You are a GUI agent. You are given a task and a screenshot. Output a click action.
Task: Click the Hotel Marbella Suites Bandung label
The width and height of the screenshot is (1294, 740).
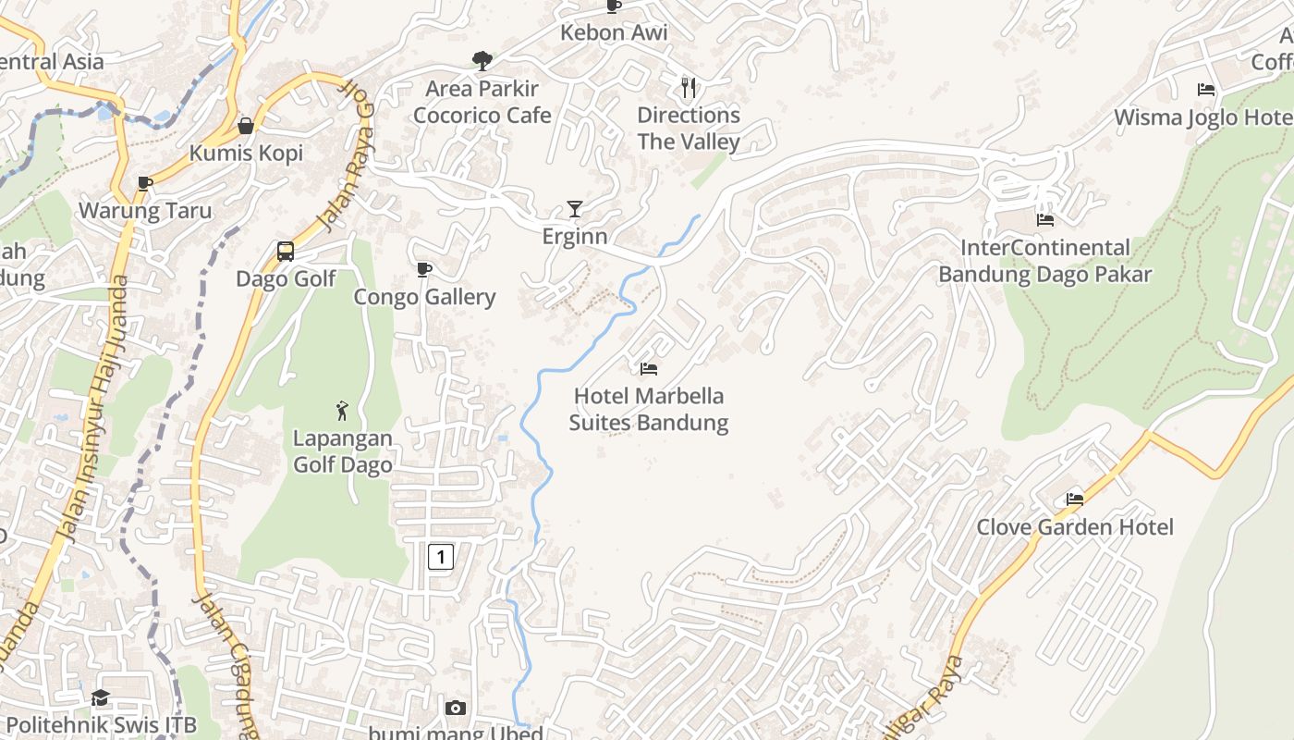pyautogui.click(x=648, y=410)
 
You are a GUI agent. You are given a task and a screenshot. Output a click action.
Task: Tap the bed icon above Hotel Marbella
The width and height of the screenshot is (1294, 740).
pyautogui.click(x=649, y=369)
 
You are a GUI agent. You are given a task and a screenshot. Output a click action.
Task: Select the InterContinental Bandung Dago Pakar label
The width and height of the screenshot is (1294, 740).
pyautogui.click(x=1045, y=261)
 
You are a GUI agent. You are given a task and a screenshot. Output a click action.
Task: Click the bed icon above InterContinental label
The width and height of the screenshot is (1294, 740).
pyautogui.click(x=1045, y=220)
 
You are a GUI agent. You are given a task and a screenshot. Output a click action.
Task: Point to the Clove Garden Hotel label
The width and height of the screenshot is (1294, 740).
pyautogui.click(x=1075, y=527)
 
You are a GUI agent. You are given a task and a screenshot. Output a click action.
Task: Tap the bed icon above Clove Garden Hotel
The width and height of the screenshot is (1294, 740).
pyautogui.click(x=1074, y=499)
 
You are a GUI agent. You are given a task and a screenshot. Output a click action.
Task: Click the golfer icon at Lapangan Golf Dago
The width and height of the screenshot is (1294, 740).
pyautogui.click(x=343, y=410)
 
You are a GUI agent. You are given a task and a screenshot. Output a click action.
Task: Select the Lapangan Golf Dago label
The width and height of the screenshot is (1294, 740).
pyautogui.click(x=343, y=451)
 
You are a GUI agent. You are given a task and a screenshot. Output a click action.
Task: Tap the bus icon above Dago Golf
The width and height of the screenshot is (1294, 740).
pyautogui.click(x=286, y=252)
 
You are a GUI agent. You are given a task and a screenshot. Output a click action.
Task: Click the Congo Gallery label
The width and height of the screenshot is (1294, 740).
pyautogui.click(x=425, y=297)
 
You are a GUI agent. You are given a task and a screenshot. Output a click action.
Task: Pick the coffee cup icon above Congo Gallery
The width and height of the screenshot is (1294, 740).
pyautogui.click(x=424, y=269)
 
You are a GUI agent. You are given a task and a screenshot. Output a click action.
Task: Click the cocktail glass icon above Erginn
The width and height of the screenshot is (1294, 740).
pyautogui.click(x=575, y=208)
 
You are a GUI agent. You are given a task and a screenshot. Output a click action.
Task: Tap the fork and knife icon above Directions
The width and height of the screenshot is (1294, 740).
pyautogui.click(x=689, y=88)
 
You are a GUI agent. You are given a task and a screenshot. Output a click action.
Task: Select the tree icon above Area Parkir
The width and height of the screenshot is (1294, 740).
pyautogui.click(x=482, y=61)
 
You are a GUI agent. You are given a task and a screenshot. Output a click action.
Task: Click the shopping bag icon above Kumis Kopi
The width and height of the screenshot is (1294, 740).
pyautogui.click(x=246, y=126)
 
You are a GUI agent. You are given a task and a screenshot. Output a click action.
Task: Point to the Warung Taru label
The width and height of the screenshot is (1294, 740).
pyautogui.click(x=145, y=211)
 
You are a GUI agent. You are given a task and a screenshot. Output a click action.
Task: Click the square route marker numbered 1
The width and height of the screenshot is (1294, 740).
pyautogui.click(x=441, y=556)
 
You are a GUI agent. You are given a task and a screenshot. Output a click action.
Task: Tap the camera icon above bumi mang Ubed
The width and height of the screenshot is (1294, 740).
pyautogui.click(x=455, y=709)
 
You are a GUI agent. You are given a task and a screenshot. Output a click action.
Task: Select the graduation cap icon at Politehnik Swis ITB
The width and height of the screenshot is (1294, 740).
pyautogui.click(x=100, y=697)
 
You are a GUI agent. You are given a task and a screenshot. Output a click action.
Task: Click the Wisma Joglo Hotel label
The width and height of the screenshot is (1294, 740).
pyautogui.click(x=1202, y=117)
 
